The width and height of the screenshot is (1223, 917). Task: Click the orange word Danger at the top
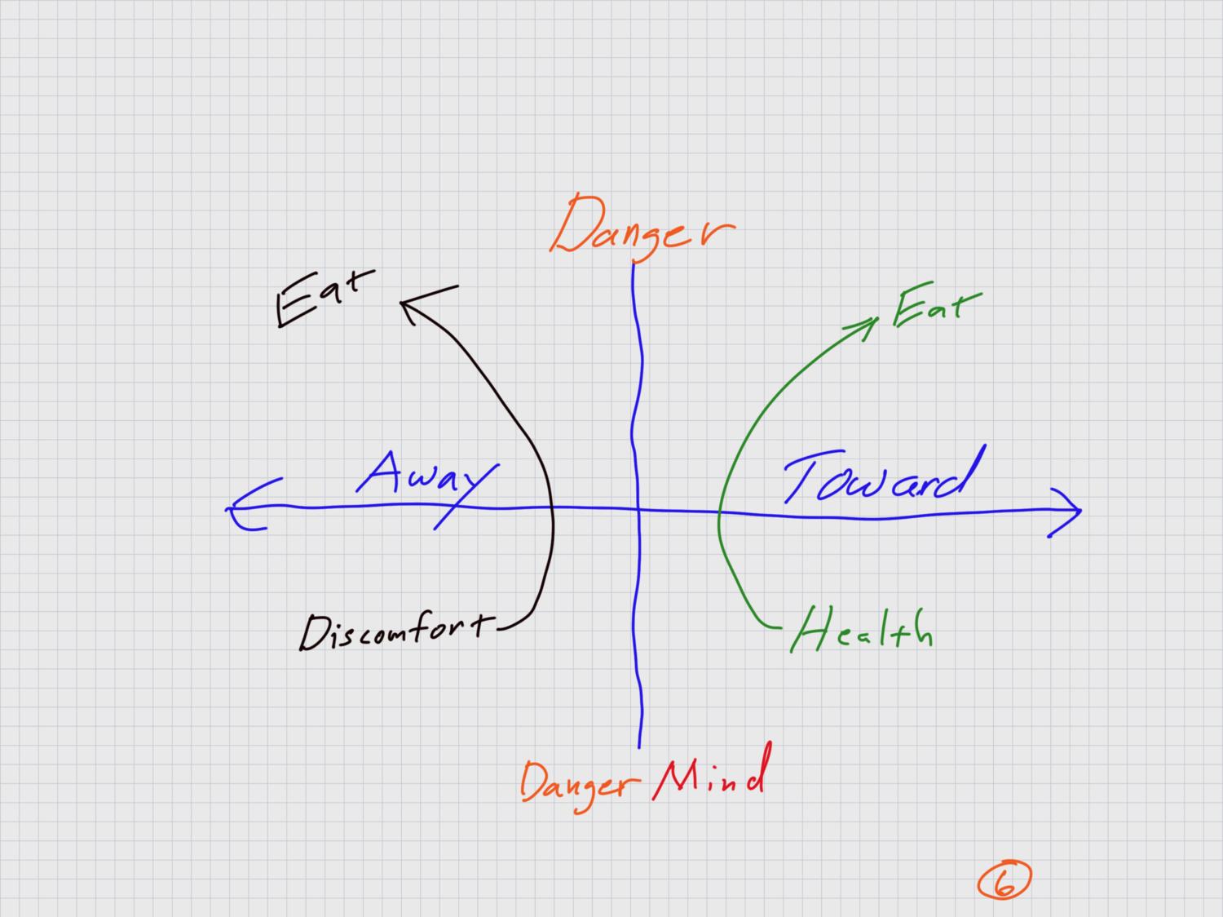[642, 227]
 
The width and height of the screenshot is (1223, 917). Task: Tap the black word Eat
[324, 297]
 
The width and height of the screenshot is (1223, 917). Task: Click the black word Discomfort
[397, 631]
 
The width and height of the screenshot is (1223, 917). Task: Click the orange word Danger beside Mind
[578, 784]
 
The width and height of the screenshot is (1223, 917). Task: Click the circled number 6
[1004, 881]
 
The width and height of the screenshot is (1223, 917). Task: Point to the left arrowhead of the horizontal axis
[232, 510]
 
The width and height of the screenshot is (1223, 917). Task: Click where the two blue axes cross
[637, 509]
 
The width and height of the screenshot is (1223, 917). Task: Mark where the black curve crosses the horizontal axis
[553, 508]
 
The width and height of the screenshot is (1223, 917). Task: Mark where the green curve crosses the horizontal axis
[718, 513]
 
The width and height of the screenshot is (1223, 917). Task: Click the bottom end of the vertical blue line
[639, 745]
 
